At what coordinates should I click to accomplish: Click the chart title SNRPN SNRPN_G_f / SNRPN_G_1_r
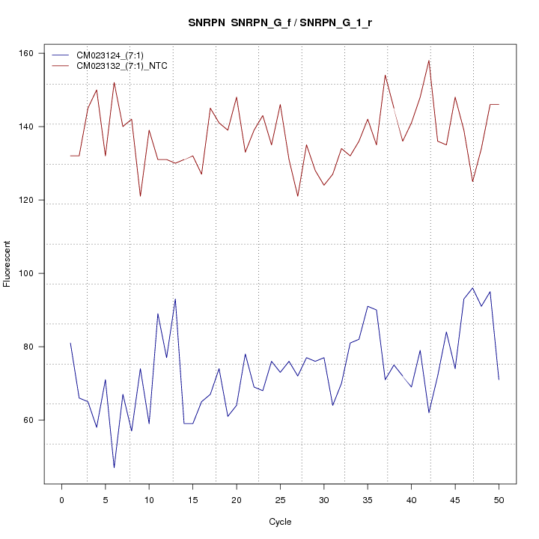click(281, 23)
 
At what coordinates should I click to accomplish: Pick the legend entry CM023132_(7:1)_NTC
click(127, 66)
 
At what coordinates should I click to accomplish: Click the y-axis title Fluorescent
click(7, 264)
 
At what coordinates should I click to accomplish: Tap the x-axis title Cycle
click(280, 522)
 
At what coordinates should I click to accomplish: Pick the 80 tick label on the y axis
click(31, 347)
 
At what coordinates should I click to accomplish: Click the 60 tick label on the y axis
click(31, 420)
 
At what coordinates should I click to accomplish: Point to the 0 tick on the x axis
click(61, 499)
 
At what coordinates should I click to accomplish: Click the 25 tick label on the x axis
click(280, 499)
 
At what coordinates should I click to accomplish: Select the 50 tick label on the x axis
click(499, 499)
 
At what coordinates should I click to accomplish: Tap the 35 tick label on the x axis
click(368, 499)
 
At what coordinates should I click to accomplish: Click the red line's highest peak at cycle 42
click(429, 61)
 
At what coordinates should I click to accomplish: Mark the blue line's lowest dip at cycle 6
click(114, 468)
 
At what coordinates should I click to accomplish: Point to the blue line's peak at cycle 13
click(175, 299)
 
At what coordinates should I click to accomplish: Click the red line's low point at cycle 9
click(140, 196)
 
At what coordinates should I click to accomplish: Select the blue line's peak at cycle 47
click(472, 287)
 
